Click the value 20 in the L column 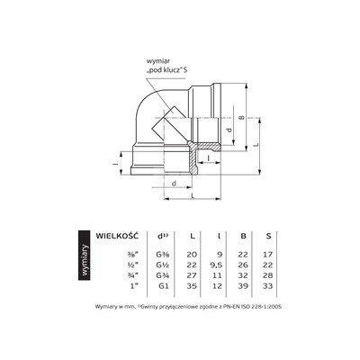[191, 255]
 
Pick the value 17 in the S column [267, 255]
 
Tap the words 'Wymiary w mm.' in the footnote [115, 306]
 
